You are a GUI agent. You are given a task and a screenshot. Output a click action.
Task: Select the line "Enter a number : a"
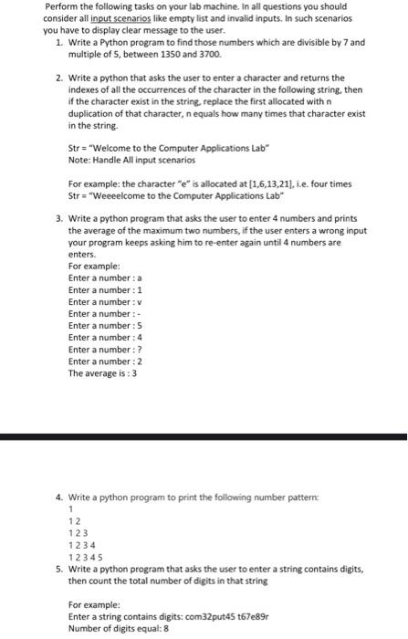[x=105, y=278]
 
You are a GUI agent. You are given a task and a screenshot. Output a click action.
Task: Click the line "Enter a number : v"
[x=105, y=302]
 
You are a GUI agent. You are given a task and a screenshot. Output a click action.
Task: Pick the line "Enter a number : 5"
[x=105, y=326]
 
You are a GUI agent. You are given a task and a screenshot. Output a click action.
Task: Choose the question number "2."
[x=59, y=79]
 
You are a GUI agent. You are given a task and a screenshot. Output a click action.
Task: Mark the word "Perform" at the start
[x=59, y=6]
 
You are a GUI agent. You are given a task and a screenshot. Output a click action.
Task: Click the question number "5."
[x=59, y=569]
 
